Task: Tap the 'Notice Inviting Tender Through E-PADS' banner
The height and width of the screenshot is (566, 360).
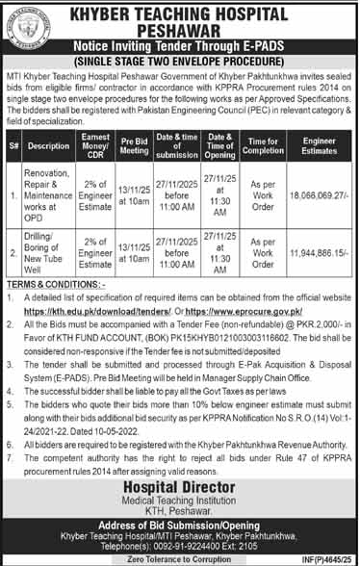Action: pos(196,48)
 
